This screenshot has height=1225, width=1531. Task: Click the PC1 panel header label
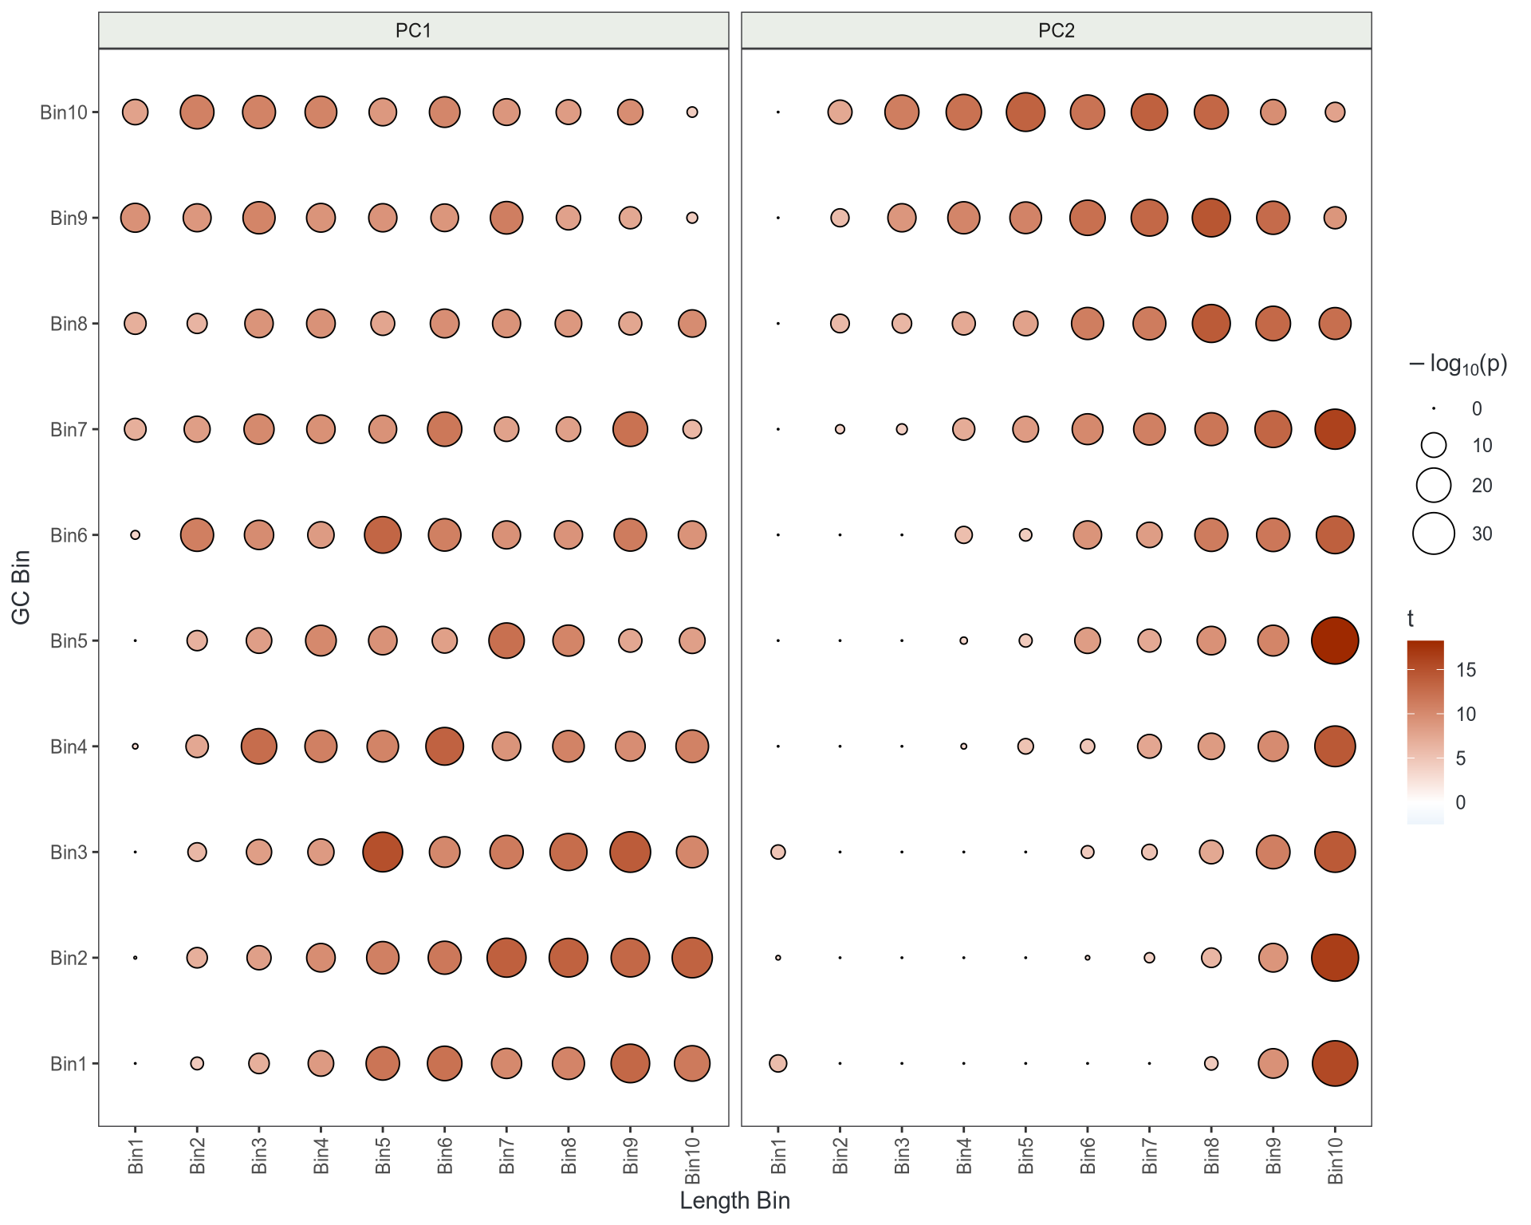413,31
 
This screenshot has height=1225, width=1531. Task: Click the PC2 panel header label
1056,31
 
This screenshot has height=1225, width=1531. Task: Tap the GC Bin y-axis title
22,587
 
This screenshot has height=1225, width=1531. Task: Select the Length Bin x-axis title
734,1200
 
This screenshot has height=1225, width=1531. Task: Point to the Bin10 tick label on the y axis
64,112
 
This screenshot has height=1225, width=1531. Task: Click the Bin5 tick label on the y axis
68,640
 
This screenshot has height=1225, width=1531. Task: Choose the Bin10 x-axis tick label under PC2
1336,1160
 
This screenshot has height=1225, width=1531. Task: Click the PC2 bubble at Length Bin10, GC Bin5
1335,640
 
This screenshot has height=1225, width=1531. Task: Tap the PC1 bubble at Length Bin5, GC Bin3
383,852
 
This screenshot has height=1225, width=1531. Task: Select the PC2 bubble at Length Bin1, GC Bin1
778,1063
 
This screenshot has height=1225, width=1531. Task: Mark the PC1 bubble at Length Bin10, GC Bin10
692,112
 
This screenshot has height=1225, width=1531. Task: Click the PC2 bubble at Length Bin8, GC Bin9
1211,218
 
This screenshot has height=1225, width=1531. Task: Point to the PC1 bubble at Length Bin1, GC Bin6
136,535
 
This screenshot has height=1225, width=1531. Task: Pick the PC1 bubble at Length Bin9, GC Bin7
630,429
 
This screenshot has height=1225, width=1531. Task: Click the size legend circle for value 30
1434,534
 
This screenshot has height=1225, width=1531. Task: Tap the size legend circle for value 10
1434,445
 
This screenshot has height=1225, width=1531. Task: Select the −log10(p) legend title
1458,364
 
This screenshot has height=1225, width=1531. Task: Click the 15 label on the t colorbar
1466,670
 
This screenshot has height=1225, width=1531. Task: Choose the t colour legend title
1411,619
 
